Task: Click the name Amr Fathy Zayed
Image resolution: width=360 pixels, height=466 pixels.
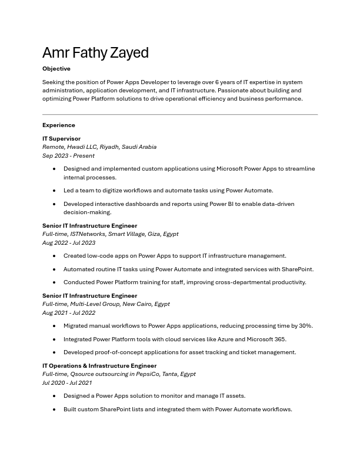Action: coord(95,53)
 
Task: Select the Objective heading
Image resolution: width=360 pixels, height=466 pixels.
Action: coord(56,69)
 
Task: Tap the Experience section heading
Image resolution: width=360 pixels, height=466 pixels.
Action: coord(59,125)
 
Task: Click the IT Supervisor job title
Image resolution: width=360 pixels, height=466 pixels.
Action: coord(61,139)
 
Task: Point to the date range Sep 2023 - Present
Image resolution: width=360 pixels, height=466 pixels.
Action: coord(68,156)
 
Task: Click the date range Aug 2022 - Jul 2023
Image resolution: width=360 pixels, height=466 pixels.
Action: coord(69,242)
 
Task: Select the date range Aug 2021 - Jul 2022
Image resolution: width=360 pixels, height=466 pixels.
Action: coord(69,313)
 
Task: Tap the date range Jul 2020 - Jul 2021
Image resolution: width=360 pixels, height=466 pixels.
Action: coord(67,382)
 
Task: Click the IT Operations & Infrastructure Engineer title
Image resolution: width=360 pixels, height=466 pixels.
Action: coord(99,365)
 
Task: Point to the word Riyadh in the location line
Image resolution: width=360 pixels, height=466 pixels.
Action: coord(109,147)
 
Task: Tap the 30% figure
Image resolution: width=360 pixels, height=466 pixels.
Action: coord(306,326)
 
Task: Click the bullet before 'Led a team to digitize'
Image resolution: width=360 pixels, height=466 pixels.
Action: coord(54,191)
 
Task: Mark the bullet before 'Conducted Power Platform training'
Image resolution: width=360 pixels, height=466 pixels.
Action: coord(54,282)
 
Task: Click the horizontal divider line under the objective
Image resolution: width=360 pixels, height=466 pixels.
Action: coord(180,114)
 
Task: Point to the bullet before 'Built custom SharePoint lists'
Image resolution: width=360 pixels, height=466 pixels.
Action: coord(54,410)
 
